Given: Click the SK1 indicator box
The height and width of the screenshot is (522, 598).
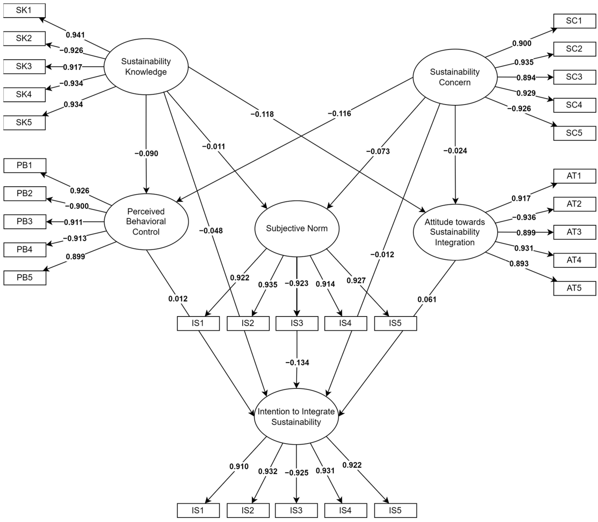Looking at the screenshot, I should tap(24, 10).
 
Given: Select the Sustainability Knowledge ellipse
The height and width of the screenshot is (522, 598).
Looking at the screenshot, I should tap(146, 67).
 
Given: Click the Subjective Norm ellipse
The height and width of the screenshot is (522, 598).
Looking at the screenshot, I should tap(297, 229).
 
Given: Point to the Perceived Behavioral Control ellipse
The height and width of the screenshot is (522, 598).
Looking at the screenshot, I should tap(146, 222).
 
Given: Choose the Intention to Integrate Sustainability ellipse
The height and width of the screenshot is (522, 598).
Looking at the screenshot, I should tap(296, 417).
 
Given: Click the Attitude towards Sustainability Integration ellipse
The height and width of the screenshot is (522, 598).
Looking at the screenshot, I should tap(455, 232).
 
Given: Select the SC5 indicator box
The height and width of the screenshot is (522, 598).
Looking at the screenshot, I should tap(574, 133).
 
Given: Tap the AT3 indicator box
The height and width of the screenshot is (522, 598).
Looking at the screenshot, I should tap(574, 232).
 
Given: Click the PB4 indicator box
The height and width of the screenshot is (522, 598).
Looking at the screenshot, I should tap(25, 250).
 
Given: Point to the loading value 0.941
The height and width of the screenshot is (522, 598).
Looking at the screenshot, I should tap(75, 35).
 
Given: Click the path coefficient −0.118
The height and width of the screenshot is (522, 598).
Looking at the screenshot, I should tap(262, 114).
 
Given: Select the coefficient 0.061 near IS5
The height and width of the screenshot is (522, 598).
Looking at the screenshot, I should tap(427, 299).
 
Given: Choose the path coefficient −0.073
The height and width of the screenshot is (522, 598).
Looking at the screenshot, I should tap(378, 151).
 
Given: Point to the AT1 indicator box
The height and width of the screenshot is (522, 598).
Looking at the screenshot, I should tap(574, 176).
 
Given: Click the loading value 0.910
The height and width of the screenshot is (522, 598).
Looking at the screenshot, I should tap(239, 466).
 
